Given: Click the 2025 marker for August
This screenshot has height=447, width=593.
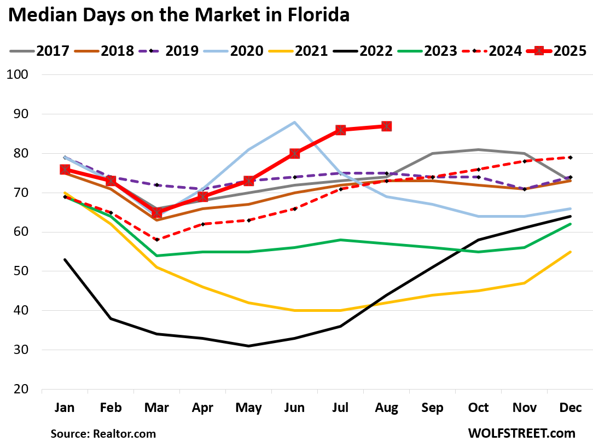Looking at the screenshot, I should click(x=386, y=126).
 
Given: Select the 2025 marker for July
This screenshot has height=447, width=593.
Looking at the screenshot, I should click(x=340, y=130).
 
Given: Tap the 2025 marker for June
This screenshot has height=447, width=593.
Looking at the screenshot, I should click(x=294, y=153).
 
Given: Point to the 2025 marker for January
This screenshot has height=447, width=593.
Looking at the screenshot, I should click(x=65, y=169).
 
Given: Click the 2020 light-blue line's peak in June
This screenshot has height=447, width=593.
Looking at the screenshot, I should click(x=294, y=122).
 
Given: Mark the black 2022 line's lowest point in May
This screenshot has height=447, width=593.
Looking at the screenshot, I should click(x=248, y=346).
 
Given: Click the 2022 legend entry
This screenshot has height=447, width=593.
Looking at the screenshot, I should click(x=376, y=51).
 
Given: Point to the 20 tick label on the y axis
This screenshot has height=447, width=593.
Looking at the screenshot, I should click(x=22, y=389).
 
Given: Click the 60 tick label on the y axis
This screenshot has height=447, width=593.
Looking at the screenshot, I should click(x=22, y=232).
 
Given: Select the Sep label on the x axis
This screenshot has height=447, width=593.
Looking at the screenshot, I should click(x=432, y=408).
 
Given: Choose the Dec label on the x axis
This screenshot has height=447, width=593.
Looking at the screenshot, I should click(x=569, y=408).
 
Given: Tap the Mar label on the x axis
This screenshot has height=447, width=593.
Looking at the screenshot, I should click(x=156, y=408).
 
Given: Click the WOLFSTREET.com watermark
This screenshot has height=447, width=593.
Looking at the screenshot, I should click(x=522, y=433).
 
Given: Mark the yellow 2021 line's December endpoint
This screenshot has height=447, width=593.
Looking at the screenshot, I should click(x=569, y=252).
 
